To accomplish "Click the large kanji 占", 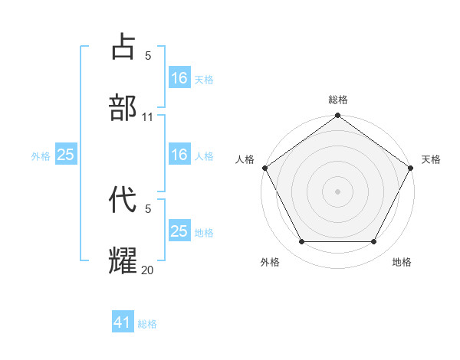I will [123, 47].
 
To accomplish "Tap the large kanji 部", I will [123, 107].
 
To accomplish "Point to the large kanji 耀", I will [123, 260].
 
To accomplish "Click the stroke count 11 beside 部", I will [148, 117].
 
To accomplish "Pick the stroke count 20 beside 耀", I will [148, 270].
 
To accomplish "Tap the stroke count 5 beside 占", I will [148, 56].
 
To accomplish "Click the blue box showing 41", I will [123, 322].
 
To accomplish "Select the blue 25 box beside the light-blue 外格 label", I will [65, 155].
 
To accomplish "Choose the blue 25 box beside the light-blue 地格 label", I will [179, 231].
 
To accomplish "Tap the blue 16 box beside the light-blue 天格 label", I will [179, 78].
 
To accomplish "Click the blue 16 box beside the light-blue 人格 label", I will [179, 155].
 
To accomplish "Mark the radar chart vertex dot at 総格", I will [337, 116].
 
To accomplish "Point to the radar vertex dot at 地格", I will [374, 242].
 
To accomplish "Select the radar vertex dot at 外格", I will [301, 242].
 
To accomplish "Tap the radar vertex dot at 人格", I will [264, 168].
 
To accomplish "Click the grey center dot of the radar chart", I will [337, 191].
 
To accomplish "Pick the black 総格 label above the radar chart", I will [337, 100].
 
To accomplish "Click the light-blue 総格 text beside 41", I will [147, 324].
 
